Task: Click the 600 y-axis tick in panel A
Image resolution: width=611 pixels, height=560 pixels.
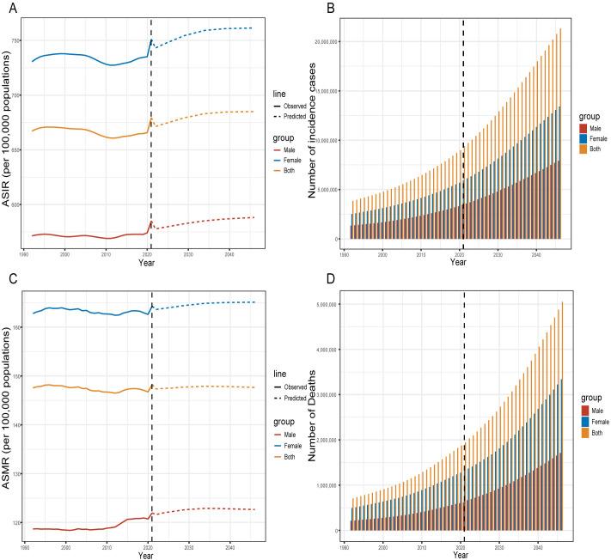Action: click(15, 204)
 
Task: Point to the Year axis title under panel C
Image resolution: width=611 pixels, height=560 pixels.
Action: click(146, 554)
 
